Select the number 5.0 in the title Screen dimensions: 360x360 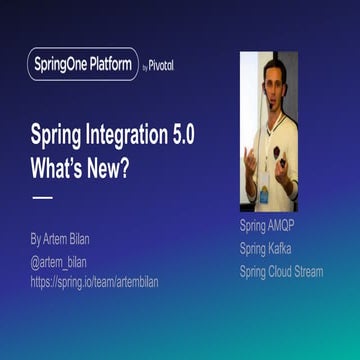click(x=204, y=134)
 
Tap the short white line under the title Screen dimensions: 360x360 click(x=42, y=197)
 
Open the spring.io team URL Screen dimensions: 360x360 click(x=95, y=281)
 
